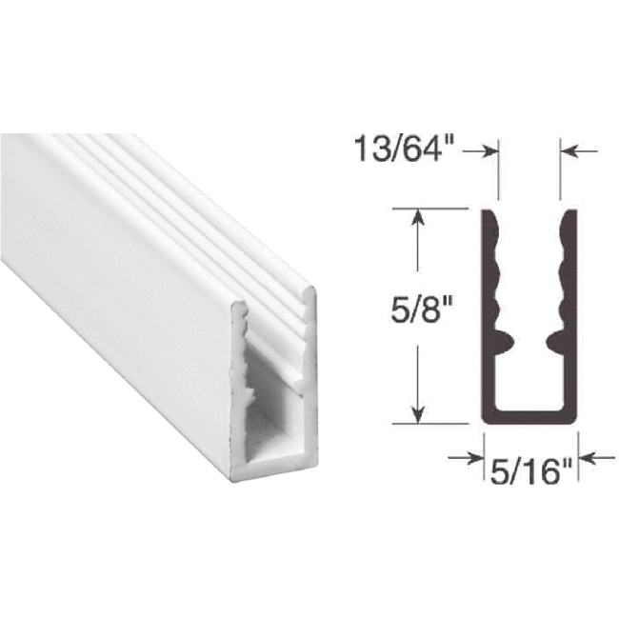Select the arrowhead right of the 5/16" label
[x=587, y=459]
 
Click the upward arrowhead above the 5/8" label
[x=416, y=218]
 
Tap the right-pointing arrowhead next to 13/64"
[x=493, y=150]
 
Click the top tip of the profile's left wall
[x=489, y=212]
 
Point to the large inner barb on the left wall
[x=506, y=336]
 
